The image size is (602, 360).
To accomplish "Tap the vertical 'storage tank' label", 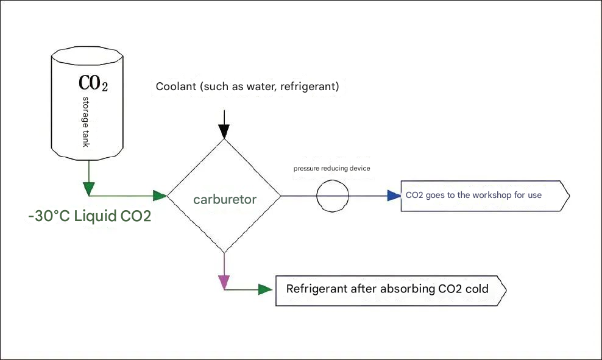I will click(x=86, y=121).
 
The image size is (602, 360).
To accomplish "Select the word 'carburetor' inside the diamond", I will click(x=225, y=199).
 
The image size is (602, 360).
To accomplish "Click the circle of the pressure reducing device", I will click(x=333, y=196).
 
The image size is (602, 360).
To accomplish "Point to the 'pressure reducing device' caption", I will click(x=331, y=168).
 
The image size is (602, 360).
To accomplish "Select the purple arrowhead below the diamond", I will click(x=224, y=281).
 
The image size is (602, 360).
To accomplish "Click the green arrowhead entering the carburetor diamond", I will click(x=160, y=196).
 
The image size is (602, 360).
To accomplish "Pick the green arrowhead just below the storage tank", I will click(x=90, y=188).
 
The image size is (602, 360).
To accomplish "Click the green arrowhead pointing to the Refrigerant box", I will click(x=265, y=289).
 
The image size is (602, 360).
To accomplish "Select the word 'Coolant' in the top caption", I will click(x=175, y=86).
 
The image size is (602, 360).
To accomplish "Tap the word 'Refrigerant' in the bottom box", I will click(x=317, y=289).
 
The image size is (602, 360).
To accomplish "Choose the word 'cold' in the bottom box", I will click(x=476, y=289).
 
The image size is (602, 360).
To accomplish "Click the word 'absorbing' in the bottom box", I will click(x=408, y=289).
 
